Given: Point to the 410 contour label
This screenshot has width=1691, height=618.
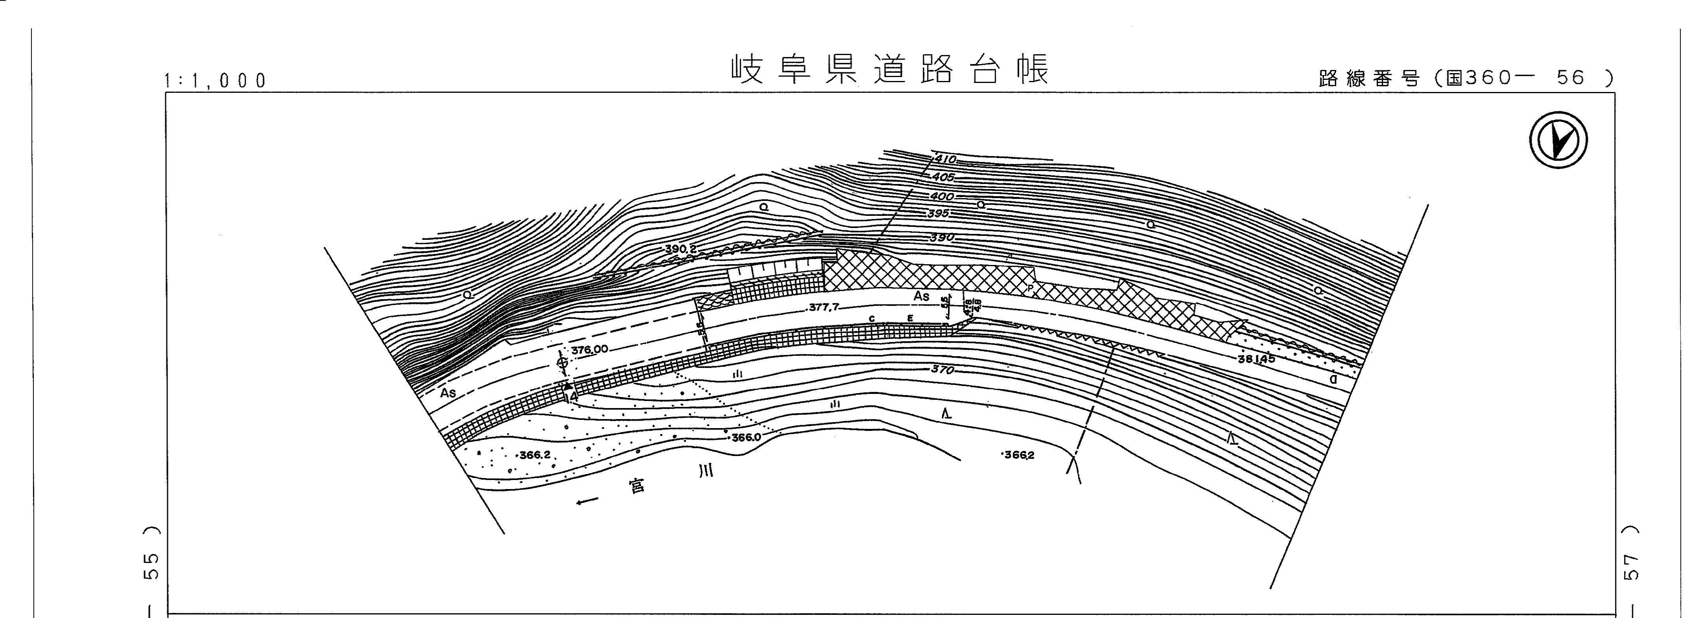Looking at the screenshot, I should (945, 160).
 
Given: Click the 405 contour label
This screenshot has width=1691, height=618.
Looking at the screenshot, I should (943, 178).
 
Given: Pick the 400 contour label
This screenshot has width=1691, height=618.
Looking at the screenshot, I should (942, 196).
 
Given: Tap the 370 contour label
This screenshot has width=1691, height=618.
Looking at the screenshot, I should (942, 370).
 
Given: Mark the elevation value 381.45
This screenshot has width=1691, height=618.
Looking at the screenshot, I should (1256, 359).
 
